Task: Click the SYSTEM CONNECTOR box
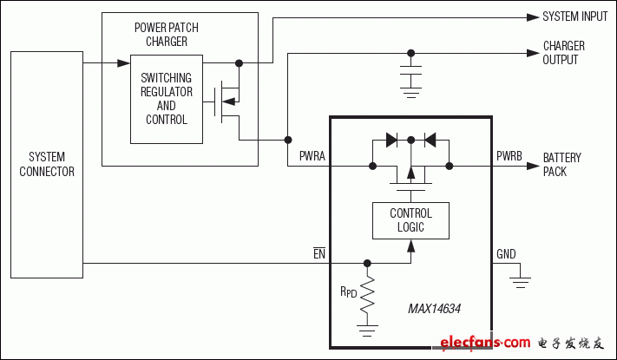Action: (47, 165)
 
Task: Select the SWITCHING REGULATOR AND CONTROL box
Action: (167, 100)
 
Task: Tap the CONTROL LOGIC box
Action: (410, 220)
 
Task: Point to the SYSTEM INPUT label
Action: (574, 16)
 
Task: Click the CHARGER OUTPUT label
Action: (563, 52)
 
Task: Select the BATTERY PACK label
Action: (561, 165)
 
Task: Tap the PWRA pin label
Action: (312, 157)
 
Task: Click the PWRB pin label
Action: (509, 157)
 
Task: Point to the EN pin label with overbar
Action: (319, 253)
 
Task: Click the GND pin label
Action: (506, 254)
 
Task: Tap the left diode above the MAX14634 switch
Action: (391, 139)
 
